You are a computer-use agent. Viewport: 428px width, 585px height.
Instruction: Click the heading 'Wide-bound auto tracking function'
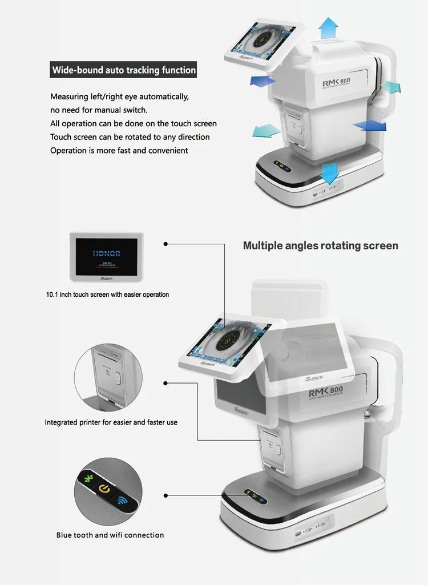[124, 71]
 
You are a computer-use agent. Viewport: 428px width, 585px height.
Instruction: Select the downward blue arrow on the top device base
[329, 172]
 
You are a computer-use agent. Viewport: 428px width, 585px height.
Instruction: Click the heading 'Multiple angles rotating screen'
[320, 245]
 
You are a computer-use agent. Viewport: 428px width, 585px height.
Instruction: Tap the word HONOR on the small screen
[106, 253]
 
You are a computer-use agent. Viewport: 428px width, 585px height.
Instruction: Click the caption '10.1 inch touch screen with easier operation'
[107, 294]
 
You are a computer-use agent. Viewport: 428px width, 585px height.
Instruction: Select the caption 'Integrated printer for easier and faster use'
[111, 422]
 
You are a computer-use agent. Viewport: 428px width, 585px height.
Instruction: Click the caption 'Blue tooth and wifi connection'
[110, 535]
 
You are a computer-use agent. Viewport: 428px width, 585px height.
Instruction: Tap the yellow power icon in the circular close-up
[103, 489]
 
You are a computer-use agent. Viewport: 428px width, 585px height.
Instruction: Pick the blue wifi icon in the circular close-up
[122, 501]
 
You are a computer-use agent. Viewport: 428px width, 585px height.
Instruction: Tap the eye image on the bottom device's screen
[227, 342]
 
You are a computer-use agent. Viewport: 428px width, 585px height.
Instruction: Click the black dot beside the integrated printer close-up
[165, 383]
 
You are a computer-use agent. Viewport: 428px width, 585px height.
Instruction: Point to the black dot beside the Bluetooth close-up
[165, 496]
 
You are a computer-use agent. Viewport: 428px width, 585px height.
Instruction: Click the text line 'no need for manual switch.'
[98, 110]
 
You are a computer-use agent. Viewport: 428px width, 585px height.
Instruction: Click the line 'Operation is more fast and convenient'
[119, 151]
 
